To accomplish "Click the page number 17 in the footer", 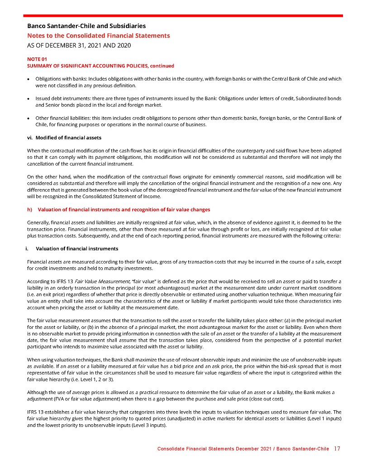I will click(337, 449).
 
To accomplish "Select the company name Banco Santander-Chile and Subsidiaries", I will click(86, 26).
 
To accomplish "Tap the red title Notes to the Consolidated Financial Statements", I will click(99, 36).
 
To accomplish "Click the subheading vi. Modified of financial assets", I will click(64, 138).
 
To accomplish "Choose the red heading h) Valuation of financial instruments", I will click(119, 210).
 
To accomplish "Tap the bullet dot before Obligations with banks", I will click(29, 79).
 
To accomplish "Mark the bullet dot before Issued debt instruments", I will click(29, 99).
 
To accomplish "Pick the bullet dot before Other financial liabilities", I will click(29, 118).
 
